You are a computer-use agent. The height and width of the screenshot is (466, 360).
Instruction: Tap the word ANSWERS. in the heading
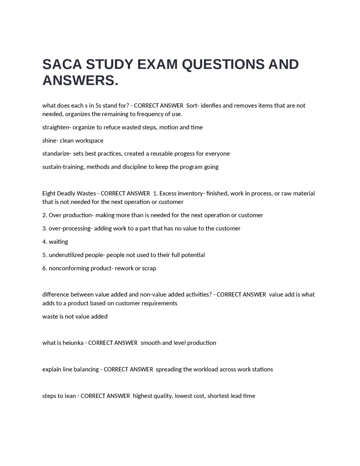[x=80, y=81]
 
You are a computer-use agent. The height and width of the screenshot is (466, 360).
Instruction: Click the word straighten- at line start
[x=57, y=127]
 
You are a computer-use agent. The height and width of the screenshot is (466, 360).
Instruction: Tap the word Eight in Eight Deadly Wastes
[x=49, y=194]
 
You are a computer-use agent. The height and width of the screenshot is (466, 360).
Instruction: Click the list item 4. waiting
[x=55, y=242]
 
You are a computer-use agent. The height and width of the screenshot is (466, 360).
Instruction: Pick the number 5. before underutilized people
[x=45, y=255]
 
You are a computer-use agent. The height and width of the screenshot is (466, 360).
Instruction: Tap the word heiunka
[x=73, y=343]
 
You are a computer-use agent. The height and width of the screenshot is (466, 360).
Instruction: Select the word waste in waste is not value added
[x=50, y=317]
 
